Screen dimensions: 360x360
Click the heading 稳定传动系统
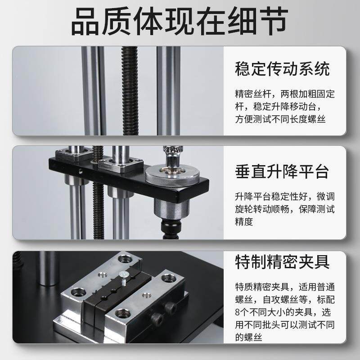283,69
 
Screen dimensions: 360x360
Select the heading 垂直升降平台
283,171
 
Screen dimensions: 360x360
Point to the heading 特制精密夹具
283,261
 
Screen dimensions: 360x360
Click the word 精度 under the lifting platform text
244,222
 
